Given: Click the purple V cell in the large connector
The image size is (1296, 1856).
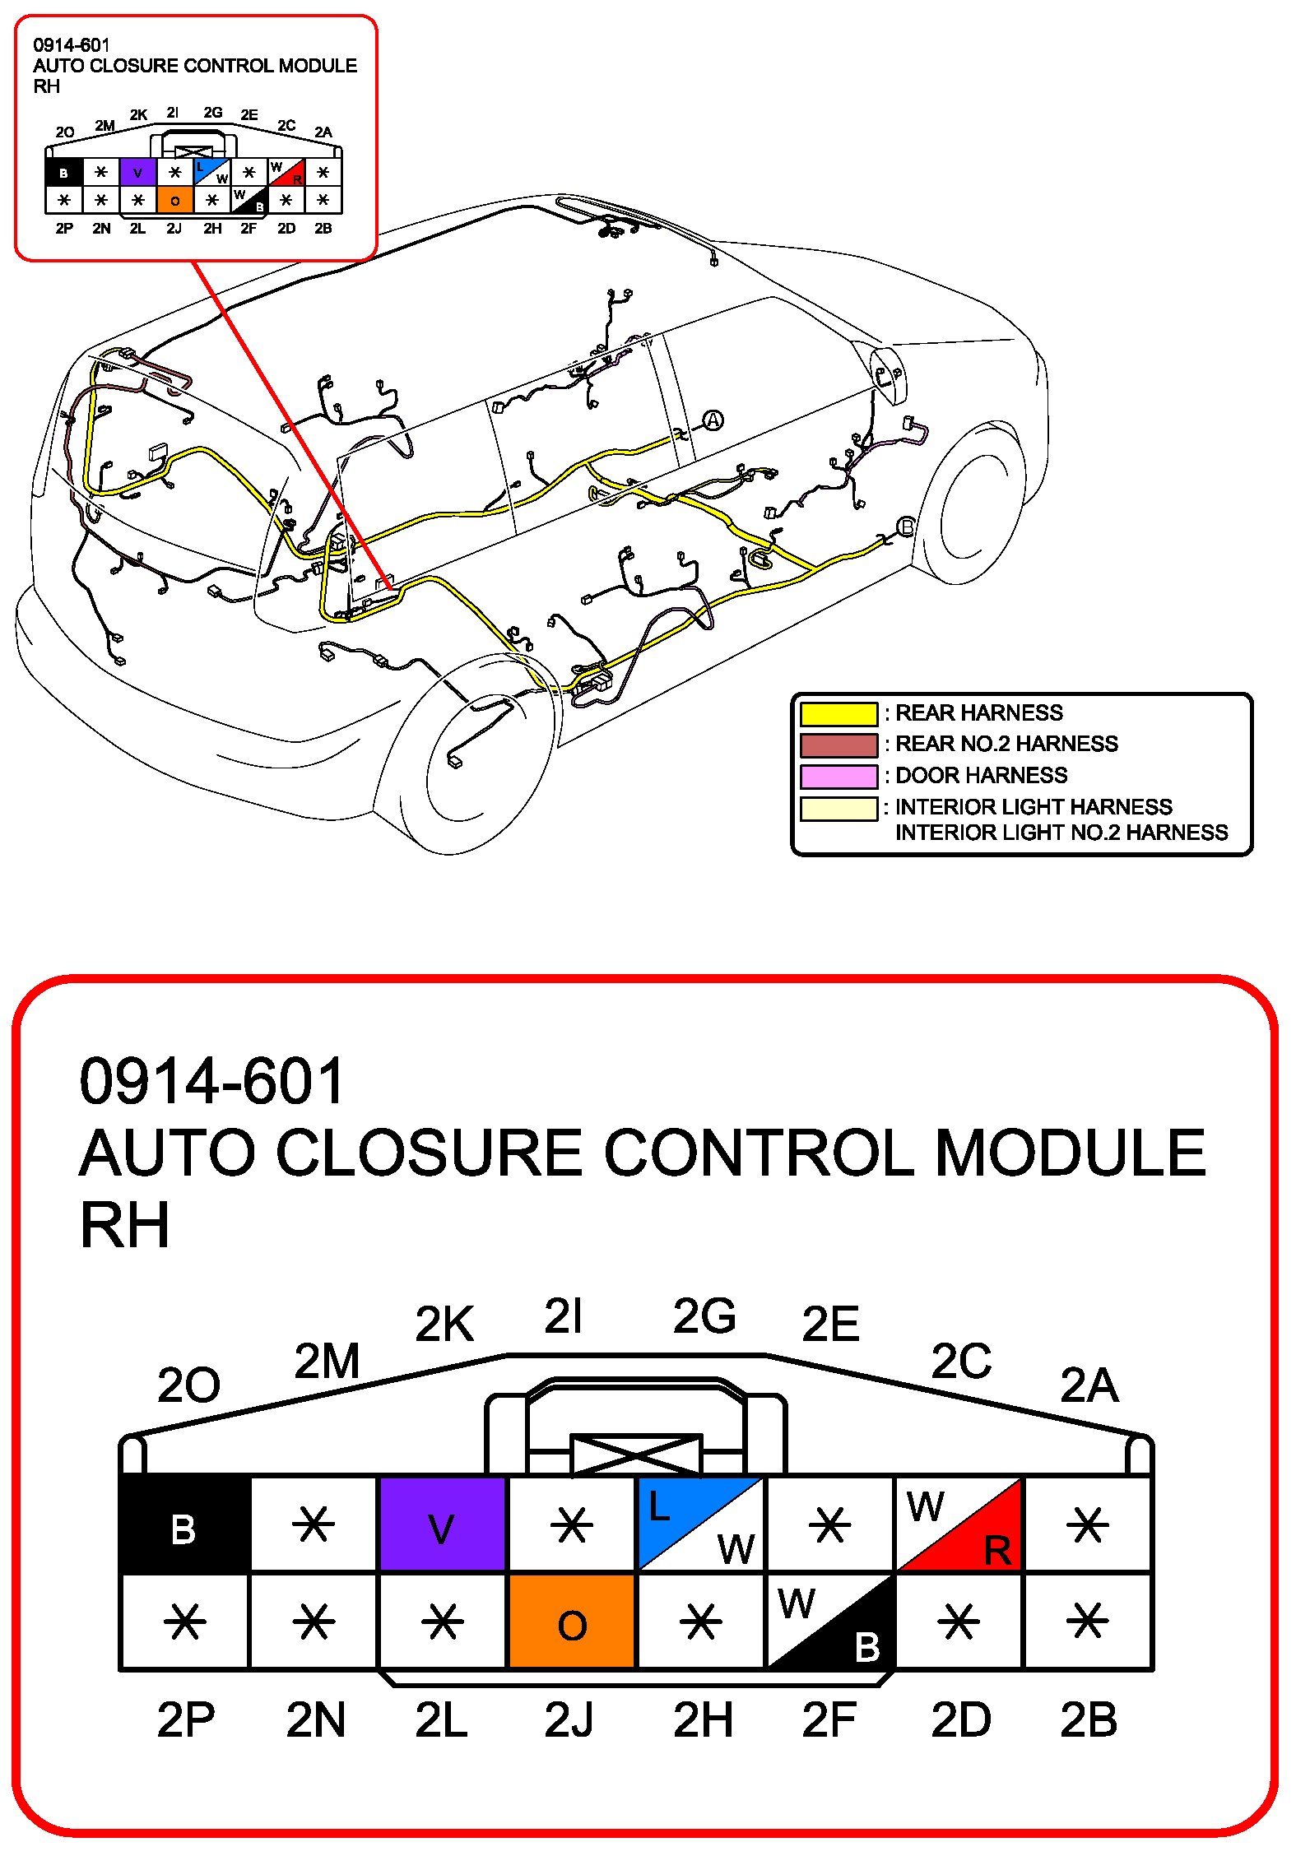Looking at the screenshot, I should coord(442,1524).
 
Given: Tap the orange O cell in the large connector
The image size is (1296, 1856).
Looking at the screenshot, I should coord(572,1622).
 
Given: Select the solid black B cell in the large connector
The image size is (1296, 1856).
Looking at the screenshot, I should coord(184,1524).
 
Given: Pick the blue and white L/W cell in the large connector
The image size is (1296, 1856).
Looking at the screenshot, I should coord(700,1524).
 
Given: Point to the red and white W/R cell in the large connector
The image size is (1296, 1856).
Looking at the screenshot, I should coord(959,1524).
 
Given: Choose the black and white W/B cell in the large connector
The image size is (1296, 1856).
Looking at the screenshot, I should coord(829,1622).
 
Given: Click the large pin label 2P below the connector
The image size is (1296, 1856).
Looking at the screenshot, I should coord(186,1719).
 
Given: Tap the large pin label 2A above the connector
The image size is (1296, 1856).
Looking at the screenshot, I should coord(1089,1385).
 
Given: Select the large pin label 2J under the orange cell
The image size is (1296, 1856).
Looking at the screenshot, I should coord(569,1719).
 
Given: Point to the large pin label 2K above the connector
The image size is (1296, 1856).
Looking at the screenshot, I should coord(444,1324).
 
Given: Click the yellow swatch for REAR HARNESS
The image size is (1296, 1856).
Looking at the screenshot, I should coord(838,713).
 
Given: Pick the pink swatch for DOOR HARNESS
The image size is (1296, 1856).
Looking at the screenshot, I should coord(838,776).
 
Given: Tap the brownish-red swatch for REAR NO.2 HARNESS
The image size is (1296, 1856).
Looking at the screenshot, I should coord(838,745).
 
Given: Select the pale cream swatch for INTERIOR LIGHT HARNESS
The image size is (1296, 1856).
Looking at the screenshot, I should coord(838,808).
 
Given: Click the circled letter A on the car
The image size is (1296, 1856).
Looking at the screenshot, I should coord(713,420).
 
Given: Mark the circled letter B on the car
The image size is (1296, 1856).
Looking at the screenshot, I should coord(905,527).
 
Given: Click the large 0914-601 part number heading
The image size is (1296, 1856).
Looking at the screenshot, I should coord(211,1081).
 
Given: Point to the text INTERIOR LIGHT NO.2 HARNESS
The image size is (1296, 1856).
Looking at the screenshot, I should coord(1061,833).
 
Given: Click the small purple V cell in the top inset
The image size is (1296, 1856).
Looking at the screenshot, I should coord(137,173).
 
